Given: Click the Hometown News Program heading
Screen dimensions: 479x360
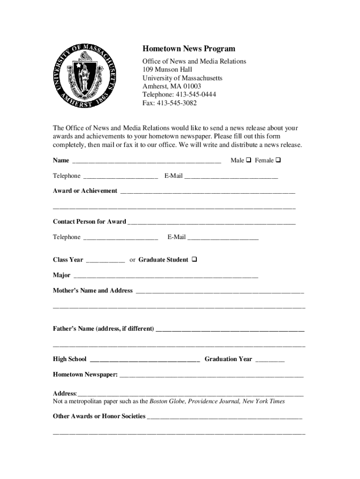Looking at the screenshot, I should pos(189,49).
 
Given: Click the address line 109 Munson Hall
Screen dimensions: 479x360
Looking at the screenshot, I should pos(167,70).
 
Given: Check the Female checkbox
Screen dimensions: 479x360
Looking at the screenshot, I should pos(278,160).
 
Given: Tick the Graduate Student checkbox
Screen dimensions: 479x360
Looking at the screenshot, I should pos(194,260).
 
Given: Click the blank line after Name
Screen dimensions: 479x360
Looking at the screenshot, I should pos(146,161).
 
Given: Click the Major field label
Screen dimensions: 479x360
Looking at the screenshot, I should pos(62,275).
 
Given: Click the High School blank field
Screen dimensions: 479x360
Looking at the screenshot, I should pos(144,360).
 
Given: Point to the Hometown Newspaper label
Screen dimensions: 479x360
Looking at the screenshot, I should pos(85,375).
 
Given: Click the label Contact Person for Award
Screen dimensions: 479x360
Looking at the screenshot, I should pos(89,221).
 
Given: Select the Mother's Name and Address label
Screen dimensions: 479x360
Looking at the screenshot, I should pos(93,290).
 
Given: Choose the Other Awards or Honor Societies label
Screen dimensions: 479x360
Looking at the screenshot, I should pos(99,416).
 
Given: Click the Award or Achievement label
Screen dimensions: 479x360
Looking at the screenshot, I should pos(85,191).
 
